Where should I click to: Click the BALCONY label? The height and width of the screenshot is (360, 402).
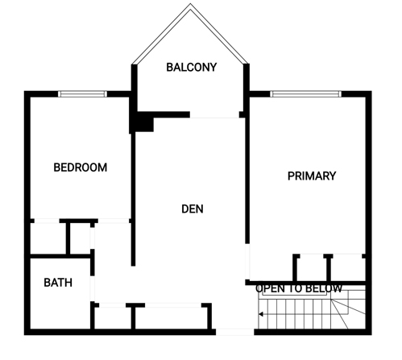pos(192,67)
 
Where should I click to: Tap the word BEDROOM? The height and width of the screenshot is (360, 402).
pos(81,168)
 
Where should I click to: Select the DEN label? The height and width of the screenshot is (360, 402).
pos(193,209)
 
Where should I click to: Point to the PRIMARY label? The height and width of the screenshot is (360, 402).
pos(312,176)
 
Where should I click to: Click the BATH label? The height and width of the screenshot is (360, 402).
pos(58,283)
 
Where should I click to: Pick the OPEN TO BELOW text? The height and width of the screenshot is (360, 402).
pos(299,288)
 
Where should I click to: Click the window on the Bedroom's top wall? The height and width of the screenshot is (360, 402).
pos(82,94)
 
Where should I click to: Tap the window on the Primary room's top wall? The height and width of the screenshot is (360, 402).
pos(306,94)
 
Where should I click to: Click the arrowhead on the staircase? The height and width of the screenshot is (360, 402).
pos(260,314)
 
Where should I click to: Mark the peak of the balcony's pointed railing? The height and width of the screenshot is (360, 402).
pos(190,4)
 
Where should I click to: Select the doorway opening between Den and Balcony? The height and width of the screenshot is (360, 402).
pos(214,118)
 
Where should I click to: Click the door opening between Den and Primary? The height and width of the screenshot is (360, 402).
pos(247,261)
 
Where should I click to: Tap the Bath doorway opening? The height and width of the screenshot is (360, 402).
pos(93,288)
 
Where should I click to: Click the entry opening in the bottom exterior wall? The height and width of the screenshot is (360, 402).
pos(235,332)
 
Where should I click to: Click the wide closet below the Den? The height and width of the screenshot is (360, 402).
pos(172,317)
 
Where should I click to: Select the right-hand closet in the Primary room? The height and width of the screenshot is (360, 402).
pos(348,268)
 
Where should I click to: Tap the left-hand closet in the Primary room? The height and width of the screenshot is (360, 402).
pos(312,268)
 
